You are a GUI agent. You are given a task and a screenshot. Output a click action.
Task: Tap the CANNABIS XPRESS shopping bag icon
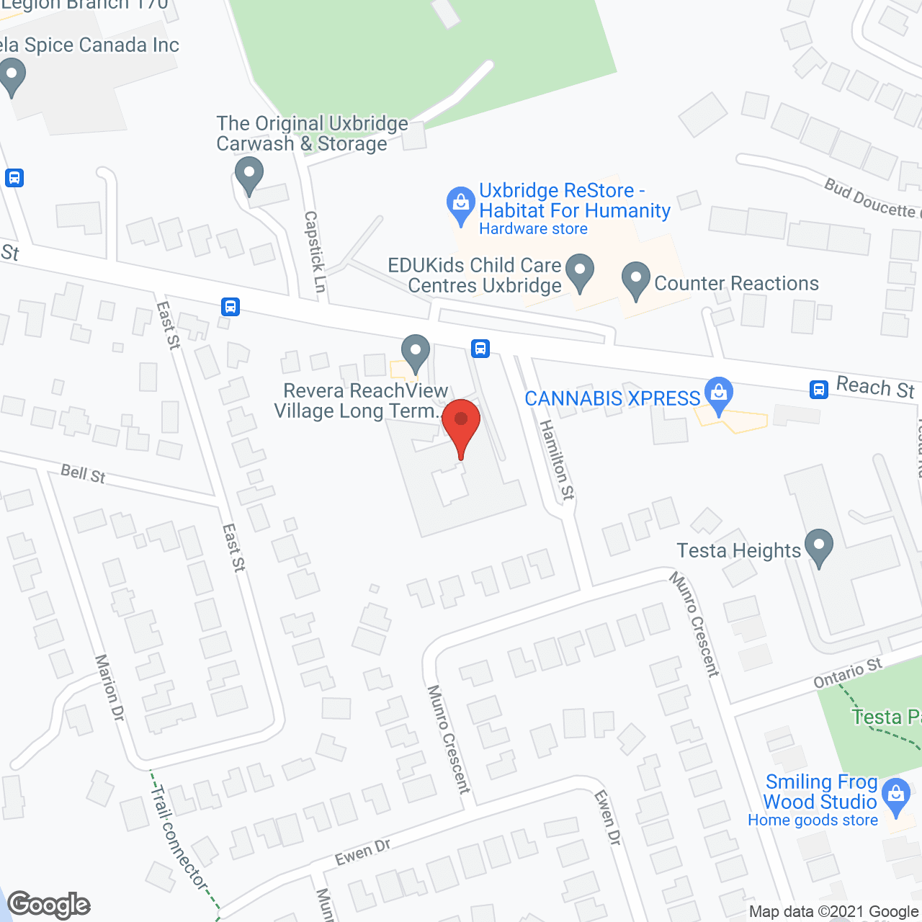(718, 393)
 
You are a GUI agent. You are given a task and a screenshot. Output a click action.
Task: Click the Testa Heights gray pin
(818, 546)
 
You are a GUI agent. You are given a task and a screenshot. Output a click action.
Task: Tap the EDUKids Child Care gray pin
(579, 272)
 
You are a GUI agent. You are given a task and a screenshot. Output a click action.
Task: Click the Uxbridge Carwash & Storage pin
(249, 174)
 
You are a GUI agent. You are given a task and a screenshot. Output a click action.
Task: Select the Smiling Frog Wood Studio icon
(896, 795)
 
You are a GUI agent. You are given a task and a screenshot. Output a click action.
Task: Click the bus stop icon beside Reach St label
(818, 390)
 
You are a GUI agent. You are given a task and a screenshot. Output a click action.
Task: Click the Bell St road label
(83, 473)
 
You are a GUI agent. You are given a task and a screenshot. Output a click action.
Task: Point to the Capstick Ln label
(315, 251)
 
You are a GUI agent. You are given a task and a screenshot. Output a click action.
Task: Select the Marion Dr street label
(109, 687)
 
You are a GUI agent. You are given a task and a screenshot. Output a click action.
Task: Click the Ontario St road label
(847, 673)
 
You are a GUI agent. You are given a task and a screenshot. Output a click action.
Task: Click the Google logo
(49, 904)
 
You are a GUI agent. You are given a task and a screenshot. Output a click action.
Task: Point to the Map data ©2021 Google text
(834, 912)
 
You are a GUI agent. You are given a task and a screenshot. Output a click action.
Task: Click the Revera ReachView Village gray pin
(415, 352)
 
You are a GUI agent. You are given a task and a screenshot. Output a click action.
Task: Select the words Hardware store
(533, 229)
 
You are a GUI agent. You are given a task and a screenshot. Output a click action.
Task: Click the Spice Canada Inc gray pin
(12, 76)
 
